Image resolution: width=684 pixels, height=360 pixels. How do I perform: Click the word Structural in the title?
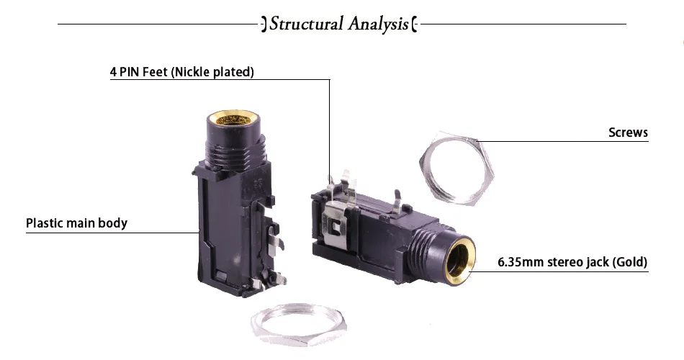307,24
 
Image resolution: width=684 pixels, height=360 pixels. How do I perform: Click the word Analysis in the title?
379,24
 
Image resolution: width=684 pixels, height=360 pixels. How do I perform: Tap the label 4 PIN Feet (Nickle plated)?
182,71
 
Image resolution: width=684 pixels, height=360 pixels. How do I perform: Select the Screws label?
628,132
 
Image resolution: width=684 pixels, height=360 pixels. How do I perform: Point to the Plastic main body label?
77,223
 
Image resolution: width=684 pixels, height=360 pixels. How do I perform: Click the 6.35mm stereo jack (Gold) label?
572,262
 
